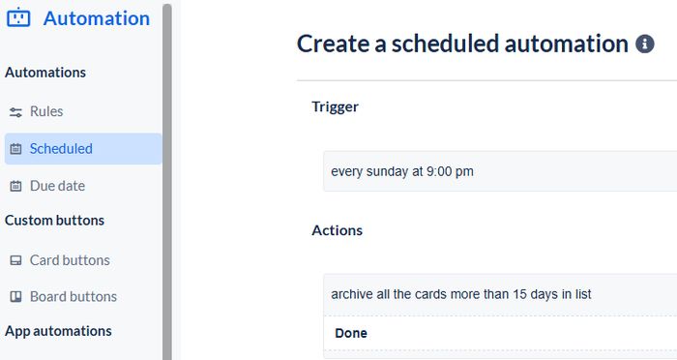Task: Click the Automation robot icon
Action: (x=17, y=18)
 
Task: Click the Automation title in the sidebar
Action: (x=97, y=18)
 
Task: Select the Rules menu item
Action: (x=46, y=111)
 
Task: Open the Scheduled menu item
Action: (x=61, y=149)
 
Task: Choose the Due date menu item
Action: (x=57, y=186)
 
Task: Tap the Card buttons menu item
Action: (x=70, y=260)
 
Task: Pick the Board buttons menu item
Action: (x=74, y=297)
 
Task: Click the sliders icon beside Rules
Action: (x=15, y=112)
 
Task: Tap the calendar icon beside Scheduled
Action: (x=15, y=149)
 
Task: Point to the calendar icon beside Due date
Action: (x=15, y=186)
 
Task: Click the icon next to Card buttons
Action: (x=15, y=260)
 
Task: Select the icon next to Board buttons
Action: (x=15, y=297)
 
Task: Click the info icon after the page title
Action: (x=644, y=45)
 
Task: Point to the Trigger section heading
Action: (x=335, y=106)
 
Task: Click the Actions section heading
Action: (x=337, y=230)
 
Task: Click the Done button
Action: (x=351, y=333)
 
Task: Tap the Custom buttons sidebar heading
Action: (x=54, y=221)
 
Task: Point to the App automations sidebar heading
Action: (x=58, y=331)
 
